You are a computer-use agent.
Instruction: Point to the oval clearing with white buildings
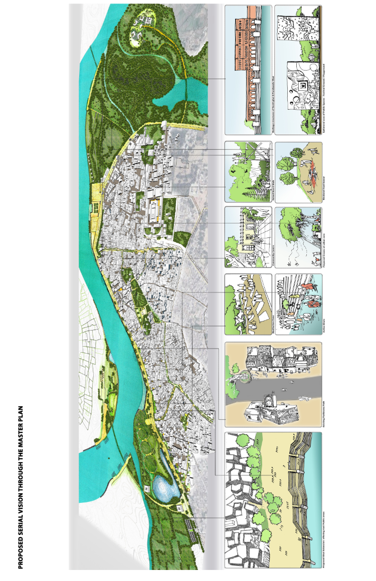pos(143,28)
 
